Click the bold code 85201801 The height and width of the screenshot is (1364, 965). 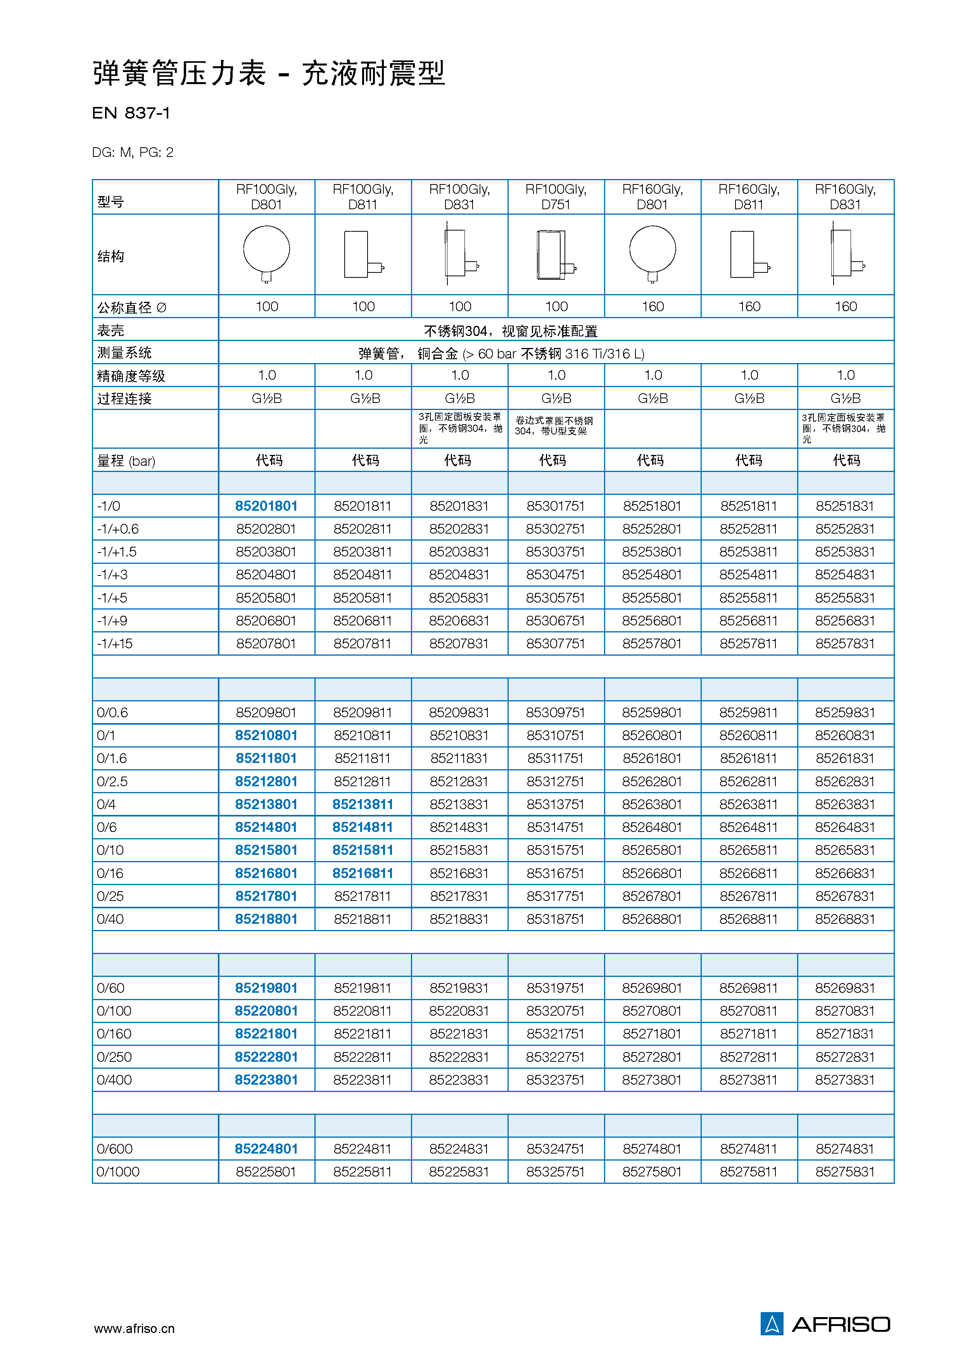pyautogui.click(x=266, y=506)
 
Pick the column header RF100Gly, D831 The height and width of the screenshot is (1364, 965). pyautogui.click(x=459, y=196)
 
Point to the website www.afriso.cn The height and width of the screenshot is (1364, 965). pyautogui.click(x=134, y=1328)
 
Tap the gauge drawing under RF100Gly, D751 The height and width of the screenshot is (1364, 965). pyautogui.click(x=556, y=254)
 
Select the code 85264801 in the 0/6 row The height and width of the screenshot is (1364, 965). pyautogui.click(x=652, y=827)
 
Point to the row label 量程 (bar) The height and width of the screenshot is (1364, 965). pyautogui.click(x=126, y=461)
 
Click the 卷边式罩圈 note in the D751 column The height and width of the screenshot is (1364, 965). pyautogui.click(x=554, y=426)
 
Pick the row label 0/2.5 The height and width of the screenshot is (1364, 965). pyautogui.click(x=112, y=781)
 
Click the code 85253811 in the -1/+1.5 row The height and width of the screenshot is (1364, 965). pyautogui.click(x=748, y=551)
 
